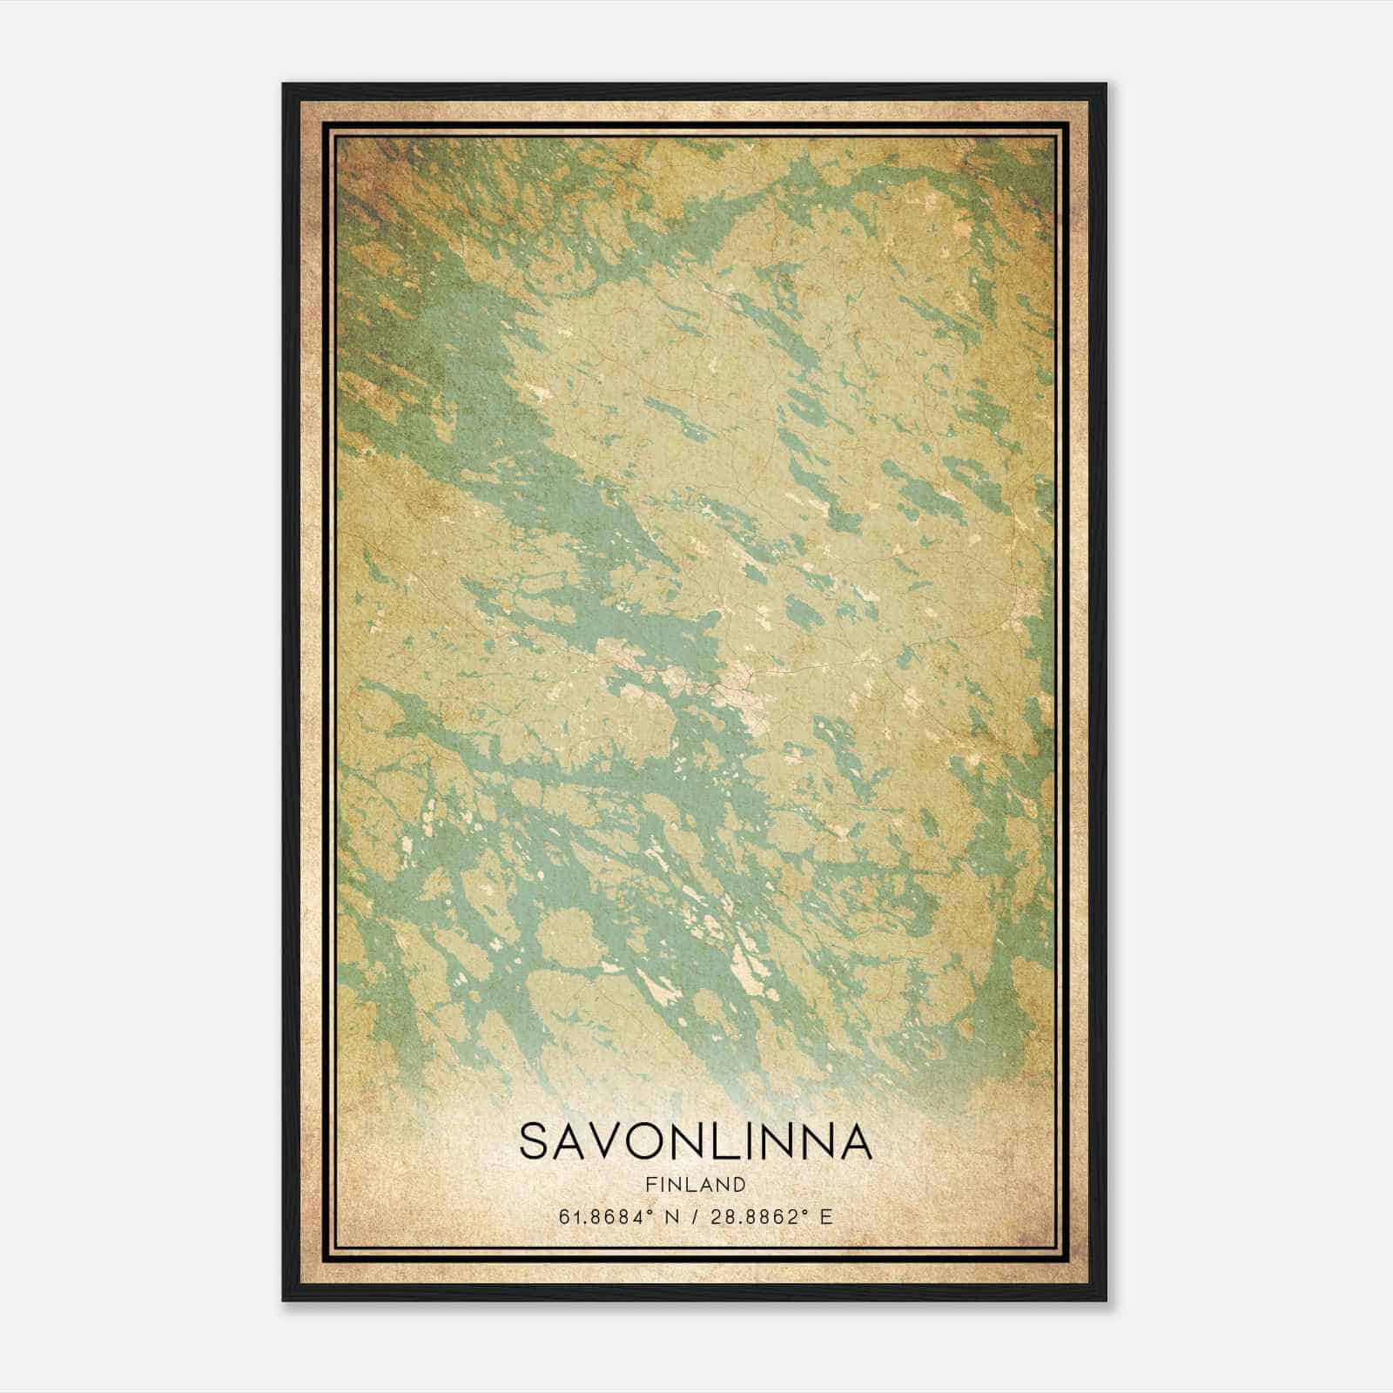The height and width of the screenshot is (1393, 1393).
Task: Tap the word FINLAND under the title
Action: (x=696, y=1184)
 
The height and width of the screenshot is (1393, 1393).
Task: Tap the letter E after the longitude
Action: (x=825, y=1216)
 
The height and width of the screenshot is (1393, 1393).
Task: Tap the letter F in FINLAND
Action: (x=650, y=1184)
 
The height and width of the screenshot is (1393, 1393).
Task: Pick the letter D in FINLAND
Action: (x=740, y=1184)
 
